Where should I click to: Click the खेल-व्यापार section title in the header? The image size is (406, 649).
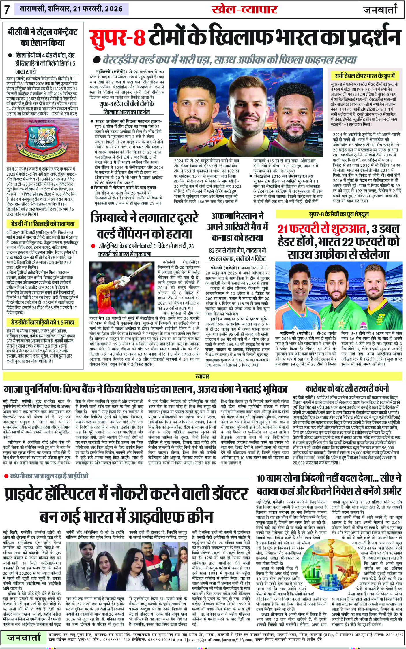[244, 9]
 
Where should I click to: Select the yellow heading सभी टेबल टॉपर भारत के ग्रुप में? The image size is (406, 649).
[365, 76]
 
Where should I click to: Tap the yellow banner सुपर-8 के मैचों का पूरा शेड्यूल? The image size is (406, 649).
[338, 214]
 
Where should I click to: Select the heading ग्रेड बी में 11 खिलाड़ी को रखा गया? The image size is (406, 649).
[40, 224]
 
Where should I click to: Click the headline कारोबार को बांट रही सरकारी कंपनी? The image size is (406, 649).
[347, 389]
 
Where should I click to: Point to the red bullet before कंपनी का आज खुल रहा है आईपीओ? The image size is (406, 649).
[6, 476]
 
